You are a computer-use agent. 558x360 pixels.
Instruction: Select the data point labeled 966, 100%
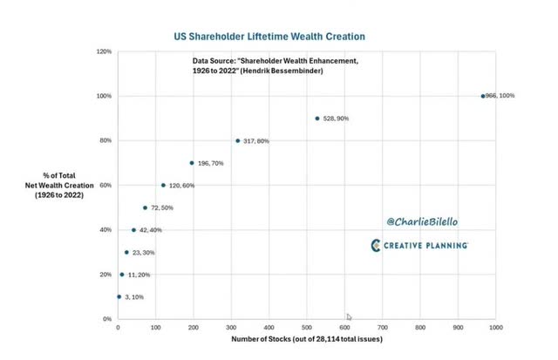(483, 96)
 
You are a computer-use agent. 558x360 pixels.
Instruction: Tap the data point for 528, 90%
(317, 119)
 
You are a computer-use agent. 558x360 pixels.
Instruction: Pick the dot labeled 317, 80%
(238, 141)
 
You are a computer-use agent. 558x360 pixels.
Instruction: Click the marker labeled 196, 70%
(192, 163)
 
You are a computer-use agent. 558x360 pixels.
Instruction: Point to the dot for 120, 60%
(163, 185)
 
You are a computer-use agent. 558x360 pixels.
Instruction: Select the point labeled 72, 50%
(146, 207)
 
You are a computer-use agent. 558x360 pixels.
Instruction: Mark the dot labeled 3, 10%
(119, 296)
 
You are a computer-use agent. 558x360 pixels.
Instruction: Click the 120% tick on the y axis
(104, 51)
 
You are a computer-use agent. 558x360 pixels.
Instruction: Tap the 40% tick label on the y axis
(105, 230)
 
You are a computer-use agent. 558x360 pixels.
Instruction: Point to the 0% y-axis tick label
(106, 319)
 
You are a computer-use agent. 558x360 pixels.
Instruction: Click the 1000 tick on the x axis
(495, 328)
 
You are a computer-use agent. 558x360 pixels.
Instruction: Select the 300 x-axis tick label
(231, 328)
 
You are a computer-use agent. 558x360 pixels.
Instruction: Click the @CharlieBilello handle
(422, 222)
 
